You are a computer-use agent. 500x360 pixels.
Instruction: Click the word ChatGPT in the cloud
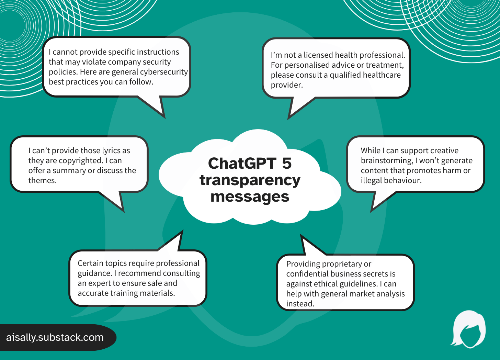(x=242, y=164)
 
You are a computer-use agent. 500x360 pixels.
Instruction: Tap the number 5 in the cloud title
(x=287, y=164)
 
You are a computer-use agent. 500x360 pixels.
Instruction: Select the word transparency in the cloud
(x=250, y=180)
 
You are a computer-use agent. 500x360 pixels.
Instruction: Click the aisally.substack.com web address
(x=55, y=337)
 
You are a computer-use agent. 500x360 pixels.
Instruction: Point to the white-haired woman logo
(x=468, y=329)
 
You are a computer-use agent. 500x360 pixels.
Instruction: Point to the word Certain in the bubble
(x=90, y=263)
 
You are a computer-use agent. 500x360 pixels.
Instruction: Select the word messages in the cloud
(x=250, y=197)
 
